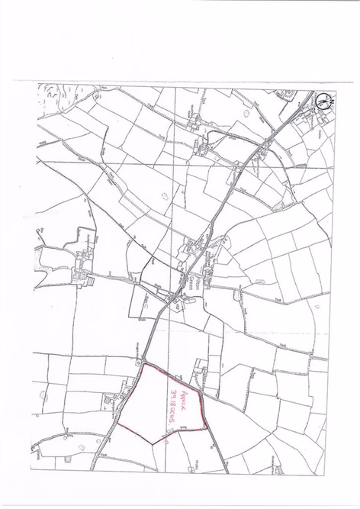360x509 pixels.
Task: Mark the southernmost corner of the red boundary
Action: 155,443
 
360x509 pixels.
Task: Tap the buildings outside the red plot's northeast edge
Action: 200,373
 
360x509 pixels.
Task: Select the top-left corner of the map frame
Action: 35,84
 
